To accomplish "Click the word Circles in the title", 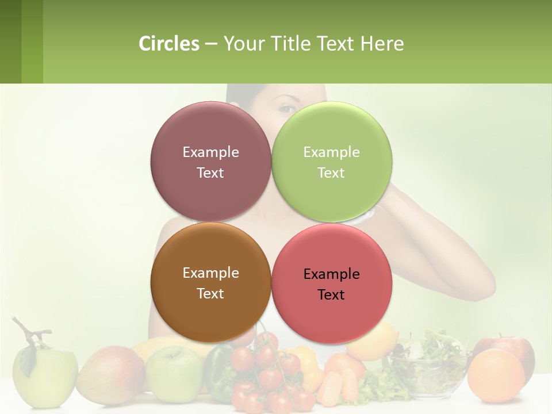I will pyautogui.click(x=168, y=44).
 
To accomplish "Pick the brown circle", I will pyautogui.click(x=210, y=310).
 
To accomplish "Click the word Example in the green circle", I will pyautogui.click(x=331, y=152).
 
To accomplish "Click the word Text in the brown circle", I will pyautogui.click(x=210, y=294).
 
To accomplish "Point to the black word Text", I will pyautogui.click(x=331, y=295).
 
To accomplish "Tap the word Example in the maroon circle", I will pyautogui.click(x=210, y=152).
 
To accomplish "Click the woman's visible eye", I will pyautogui.click(x=287, y=109).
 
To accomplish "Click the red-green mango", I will pyautogui.click(x=109, y=374).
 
